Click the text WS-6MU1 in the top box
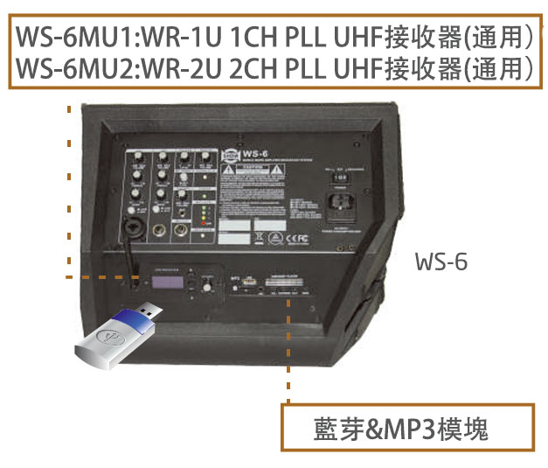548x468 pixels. pos(66,38)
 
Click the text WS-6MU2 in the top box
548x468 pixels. pos(66,66)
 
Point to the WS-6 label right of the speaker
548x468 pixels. pos(441,262)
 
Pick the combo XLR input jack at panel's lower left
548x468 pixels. pos(138,229)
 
